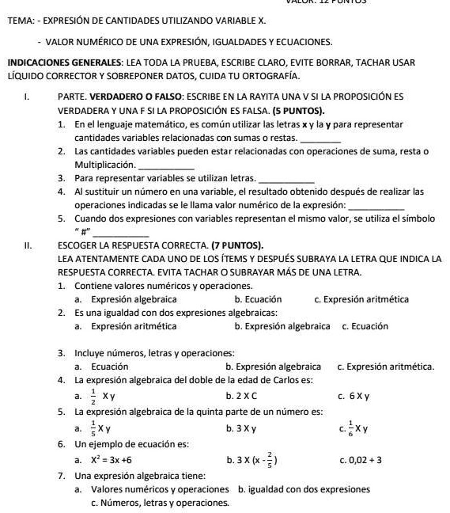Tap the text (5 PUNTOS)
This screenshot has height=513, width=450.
(x=297, y=110)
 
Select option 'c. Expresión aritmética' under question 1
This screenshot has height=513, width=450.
(x=361, y=299)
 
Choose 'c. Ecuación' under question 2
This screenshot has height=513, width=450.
(x=365, y=326)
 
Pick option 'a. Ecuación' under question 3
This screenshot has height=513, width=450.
(x=96, y=367)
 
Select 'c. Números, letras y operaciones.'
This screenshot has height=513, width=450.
(x=160, y=503)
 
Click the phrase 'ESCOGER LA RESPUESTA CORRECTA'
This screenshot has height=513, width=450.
(x=129, y=245)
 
